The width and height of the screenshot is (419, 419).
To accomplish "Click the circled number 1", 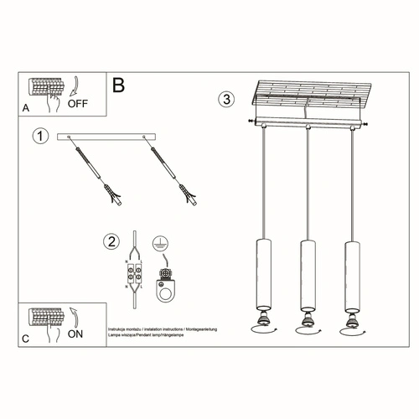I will click(38, 135).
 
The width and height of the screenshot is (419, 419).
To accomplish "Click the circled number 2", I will click(111, 242).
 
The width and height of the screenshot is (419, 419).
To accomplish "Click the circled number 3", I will click(225, 100).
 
